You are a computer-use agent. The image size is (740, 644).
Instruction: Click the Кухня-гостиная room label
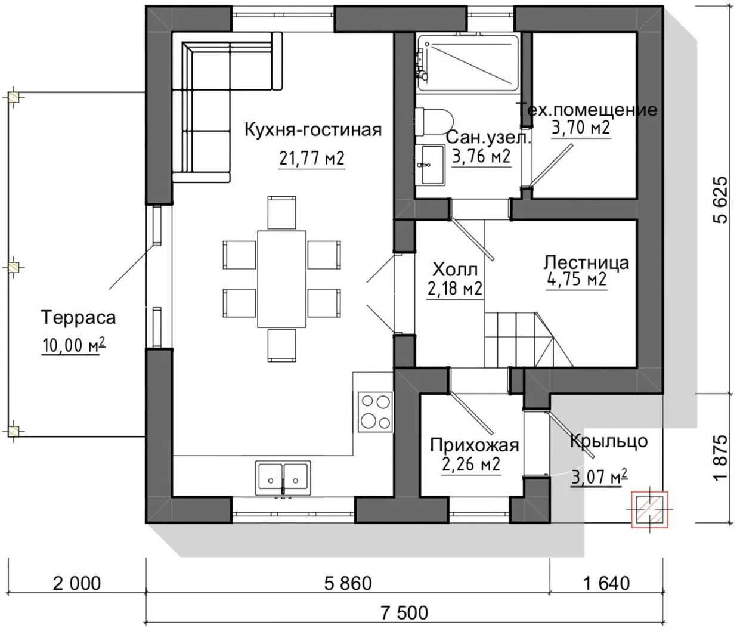313,130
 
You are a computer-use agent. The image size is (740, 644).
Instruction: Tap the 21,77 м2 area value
312,158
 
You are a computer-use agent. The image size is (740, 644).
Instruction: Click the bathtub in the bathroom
467,62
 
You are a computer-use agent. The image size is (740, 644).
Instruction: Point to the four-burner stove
375,412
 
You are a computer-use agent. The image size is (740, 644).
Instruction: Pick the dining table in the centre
281,279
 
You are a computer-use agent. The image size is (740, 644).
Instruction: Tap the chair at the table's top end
281,212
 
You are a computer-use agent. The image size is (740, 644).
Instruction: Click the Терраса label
78,317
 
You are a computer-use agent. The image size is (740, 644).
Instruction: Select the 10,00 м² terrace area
74,345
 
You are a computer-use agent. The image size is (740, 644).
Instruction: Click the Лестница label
586,263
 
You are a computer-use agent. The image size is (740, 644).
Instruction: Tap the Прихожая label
474,445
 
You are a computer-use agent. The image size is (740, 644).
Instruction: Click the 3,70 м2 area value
581,128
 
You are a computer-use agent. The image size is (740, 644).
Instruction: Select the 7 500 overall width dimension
404,612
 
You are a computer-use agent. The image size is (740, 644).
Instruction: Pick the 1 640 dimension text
606,583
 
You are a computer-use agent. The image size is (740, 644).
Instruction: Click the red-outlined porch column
649,509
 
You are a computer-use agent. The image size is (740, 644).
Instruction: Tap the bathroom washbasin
430,165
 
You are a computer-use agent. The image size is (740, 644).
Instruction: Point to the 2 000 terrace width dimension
77,583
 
